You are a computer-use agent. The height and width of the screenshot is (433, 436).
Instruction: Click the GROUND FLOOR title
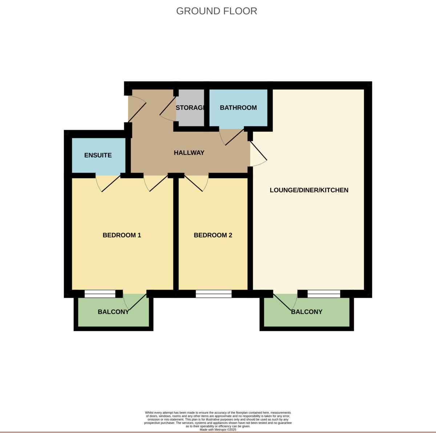tap(217, 11)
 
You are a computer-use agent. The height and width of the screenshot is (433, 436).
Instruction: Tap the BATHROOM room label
tap(238, 108)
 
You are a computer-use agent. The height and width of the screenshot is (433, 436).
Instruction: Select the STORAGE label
tap(190, 108)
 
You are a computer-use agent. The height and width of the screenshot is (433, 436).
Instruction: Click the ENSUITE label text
tap(98, 155)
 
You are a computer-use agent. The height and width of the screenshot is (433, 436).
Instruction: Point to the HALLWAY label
tap(189, 153)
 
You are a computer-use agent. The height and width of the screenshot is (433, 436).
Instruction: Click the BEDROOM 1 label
tap(122, 235)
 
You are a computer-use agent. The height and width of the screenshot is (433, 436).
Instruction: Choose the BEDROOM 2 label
tap(213, 235)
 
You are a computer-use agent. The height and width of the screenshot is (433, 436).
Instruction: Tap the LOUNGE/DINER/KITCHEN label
tap(309, 190)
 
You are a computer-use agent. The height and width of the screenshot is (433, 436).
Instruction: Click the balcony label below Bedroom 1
tap(113, 312)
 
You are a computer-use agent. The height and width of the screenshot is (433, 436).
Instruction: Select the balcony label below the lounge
tap(307, 312)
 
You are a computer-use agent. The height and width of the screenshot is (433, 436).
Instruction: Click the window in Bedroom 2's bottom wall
tap(214, 294)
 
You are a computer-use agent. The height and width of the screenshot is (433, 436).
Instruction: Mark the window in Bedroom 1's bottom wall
tap(100, 294)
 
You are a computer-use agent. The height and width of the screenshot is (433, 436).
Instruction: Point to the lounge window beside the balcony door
tap(324, 294)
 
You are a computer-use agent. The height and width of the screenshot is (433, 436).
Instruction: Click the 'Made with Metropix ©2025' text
tap(218, 429)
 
